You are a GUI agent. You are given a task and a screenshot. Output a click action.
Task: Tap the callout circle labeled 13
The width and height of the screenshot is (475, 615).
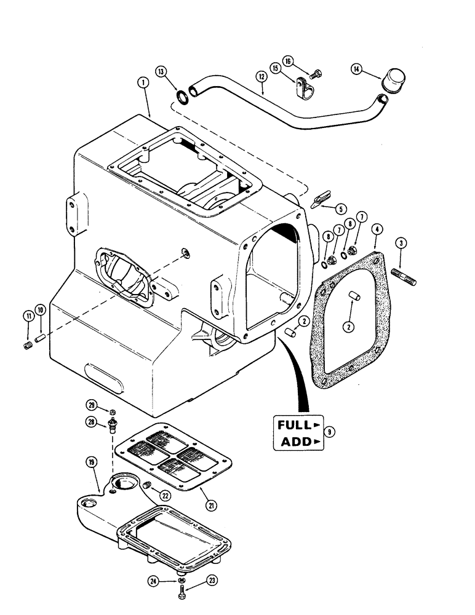pyautogui.click(x=161, y=71)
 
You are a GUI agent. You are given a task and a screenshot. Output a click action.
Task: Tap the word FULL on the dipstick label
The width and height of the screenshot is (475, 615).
pyautogui.click(x=295, y=424)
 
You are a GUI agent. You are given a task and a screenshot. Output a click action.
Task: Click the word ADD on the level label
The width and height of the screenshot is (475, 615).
pyautogui.click(x=297, y=442)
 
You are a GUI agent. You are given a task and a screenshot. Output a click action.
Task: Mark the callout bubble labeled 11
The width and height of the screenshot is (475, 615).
pyautogui.click(x=27, y=317)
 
